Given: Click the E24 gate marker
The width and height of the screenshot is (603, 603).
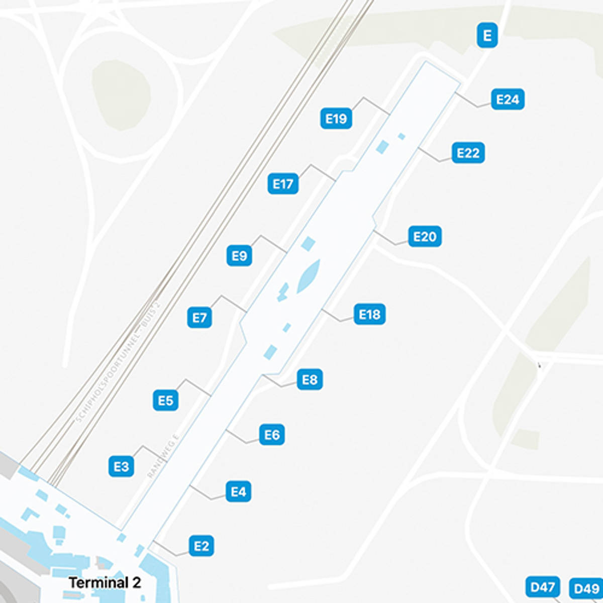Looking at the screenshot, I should pyautogui.click(x=507, y=99).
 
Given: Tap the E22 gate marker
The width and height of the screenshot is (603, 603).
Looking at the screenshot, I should pyautogui.click(x=468, y=153).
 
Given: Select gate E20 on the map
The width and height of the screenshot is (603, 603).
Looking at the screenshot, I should pyautogui.click(x=425, y=236).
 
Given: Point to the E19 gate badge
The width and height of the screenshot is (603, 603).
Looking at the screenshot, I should pyautogui.click(x=336, y=119).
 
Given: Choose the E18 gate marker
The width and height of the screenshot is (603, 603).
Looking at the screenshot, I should pyautogui.click(x=369, y=315).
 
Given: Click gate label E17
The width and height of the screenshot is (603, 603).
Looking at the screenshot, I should pyautogui.click(x=282, y=184).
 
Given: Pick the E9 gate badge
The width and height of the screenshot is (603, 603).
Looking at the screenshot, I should pyautogui.click(x=239, y=256).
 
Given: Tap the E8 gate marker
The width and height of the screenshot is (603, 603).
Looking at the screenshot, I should pyautogui.click(x=310, y=379).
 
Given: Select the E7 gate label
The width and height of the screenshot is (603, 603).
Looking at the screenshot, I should pyautogui.click(x=199, y=318).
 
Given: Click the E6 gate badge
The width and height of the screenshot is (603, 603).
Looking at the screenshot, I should pyautogui.click(x=272, y=435).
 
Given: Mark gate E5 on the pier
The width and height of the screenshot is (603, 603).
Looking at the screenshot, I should pyautogui.click(x=165, y=400).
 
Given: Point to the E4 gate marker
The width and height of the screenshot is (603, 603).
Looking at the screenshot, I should pyautogui.click(x=238, y=491).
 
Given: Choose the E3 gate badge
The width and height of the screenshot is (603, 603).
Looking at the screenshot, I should pyautogui.click(x=121, y=466).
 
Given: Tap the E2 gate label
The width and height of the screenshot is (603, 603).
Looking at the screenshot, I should pyautogui.click(x=201, y=546).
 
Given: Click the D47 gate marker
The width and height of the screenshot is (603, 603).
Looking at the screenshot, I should pyautogui.click(x=542, y=586).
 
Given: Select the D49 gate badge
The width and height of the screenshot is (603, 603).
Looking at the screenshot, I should pyautogui.click(x=586, y=588).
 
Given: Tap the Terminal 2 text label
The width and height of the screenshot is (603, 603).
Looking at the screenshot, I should pyautogui.click(x=105, y=583).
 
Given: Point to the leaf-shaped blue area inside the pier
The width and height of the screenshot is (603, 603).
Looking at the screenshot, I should pyautogui.click(x=308, y=276).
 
